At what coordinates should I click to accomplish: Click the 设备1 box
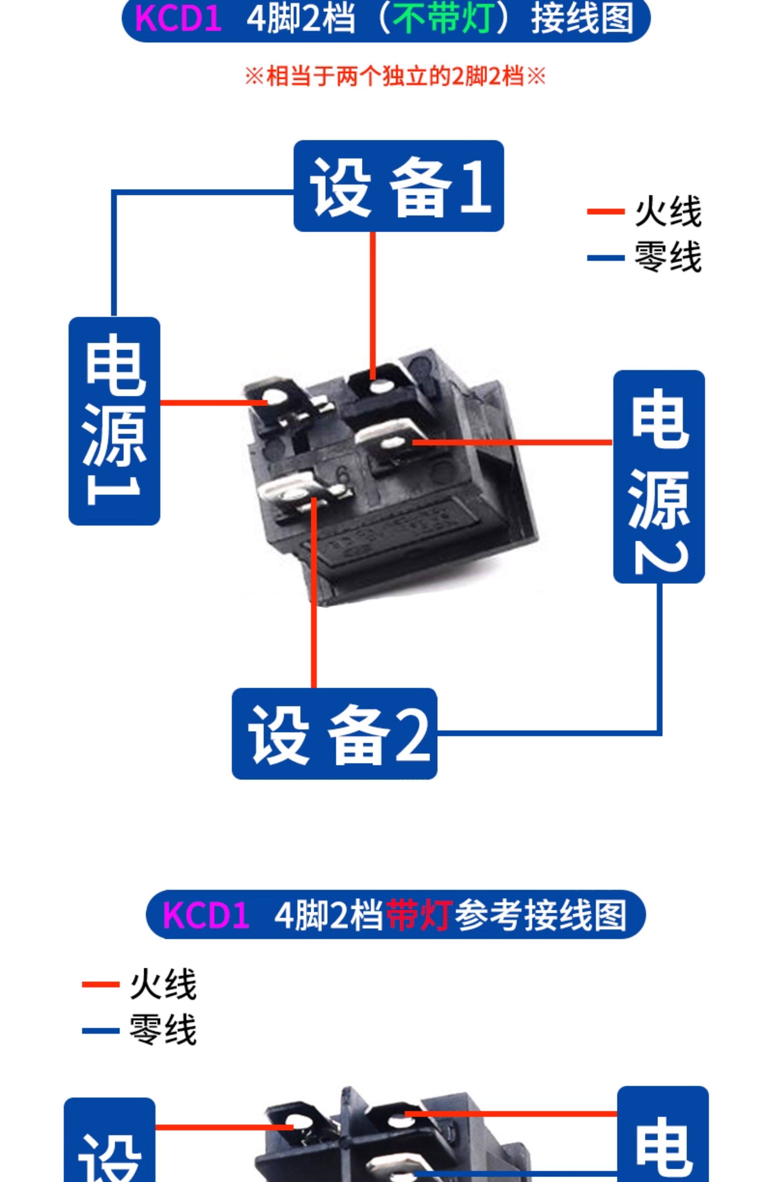(398, 186)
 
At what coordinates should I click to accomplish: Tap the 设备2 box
(334, 734)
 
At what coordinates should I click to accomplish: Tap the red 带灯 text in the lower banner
(419, 915)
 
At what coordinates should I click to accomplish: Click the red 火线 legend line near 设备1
(605, 211)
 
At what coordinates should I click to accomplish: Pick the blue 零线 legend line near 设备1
(605, 258)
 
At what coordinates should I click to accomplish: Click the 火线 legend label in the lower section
(163, 984)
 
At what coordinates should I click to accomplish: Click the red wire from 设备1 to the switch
(373, 306)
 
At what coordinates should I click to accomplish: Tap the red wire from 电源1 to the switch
(214, 402)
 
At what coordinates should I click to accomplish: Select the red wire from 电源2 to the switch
(512, 442)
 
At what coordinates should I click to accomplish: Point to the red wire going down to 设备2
(314, 593)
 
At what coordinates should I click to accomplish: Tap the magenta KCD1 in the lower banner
(206, 915)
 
